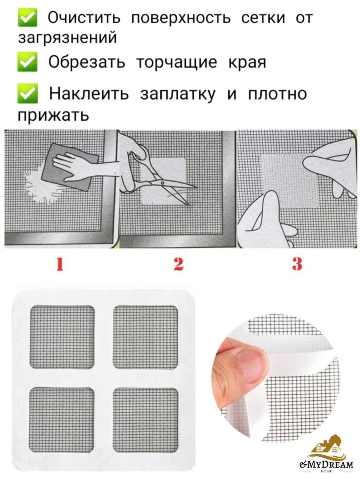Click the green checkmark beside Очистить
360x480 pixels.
[x=28, y=18]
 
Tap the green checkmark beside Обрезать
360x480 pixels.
[x=28, y=62]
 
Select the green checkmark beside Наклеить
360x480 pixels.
[x=28, y=93]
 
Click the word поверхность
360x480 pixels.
[x=181, y=18]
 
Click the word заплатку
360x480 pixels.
[x=178, y=94]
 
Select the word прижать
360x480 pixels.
[x=53, y=115]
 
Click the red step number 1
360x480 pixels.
[x=60, y=264]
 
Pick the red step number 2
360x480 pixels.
[x=178, y=264]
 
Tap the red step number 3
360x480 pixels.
[x=297, y=264]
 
